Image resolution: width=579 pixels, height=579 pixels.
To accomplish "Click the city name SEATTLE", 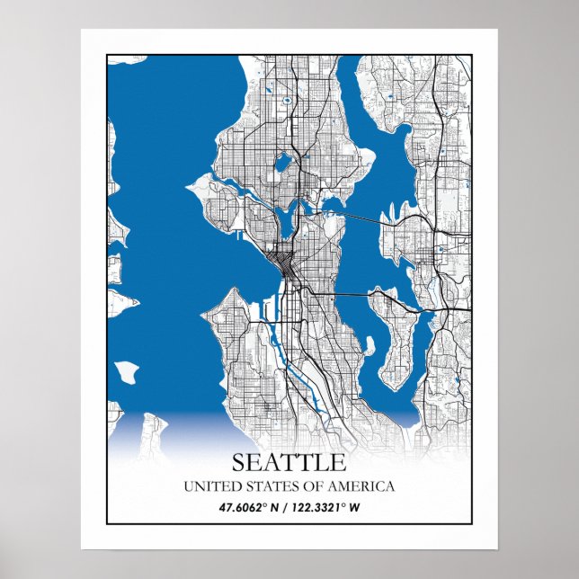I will tap(289, 462).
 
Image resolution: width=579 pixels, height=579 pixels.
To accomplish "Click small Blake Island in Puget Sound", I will tap(127, 370).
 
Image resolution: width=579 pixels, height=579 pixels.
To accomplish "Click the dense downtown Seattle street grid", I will tap(286, 261).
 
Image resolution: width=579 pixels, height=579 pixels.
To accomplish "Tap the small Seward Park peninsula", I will tap(367, 344).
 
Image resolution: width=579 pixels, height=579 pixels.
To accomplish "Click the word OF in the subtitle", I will tap(316, 486).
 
